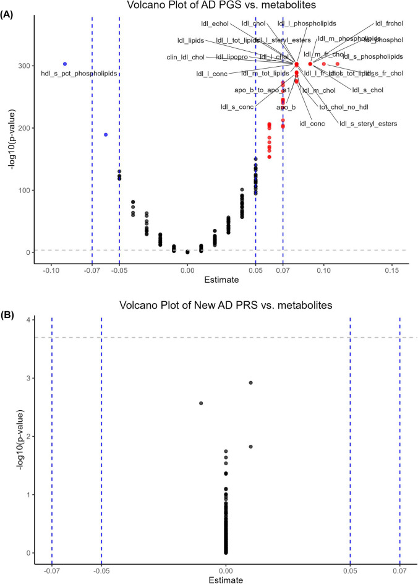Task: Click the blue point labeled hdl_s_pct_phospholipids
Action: [x=65, y=64]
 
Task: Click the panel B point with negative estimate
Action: [x=201, y=403]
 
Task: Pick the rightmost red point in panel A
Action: [x=338, y=64]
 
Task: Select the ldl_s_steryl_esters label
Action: [x=368, y=124]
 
